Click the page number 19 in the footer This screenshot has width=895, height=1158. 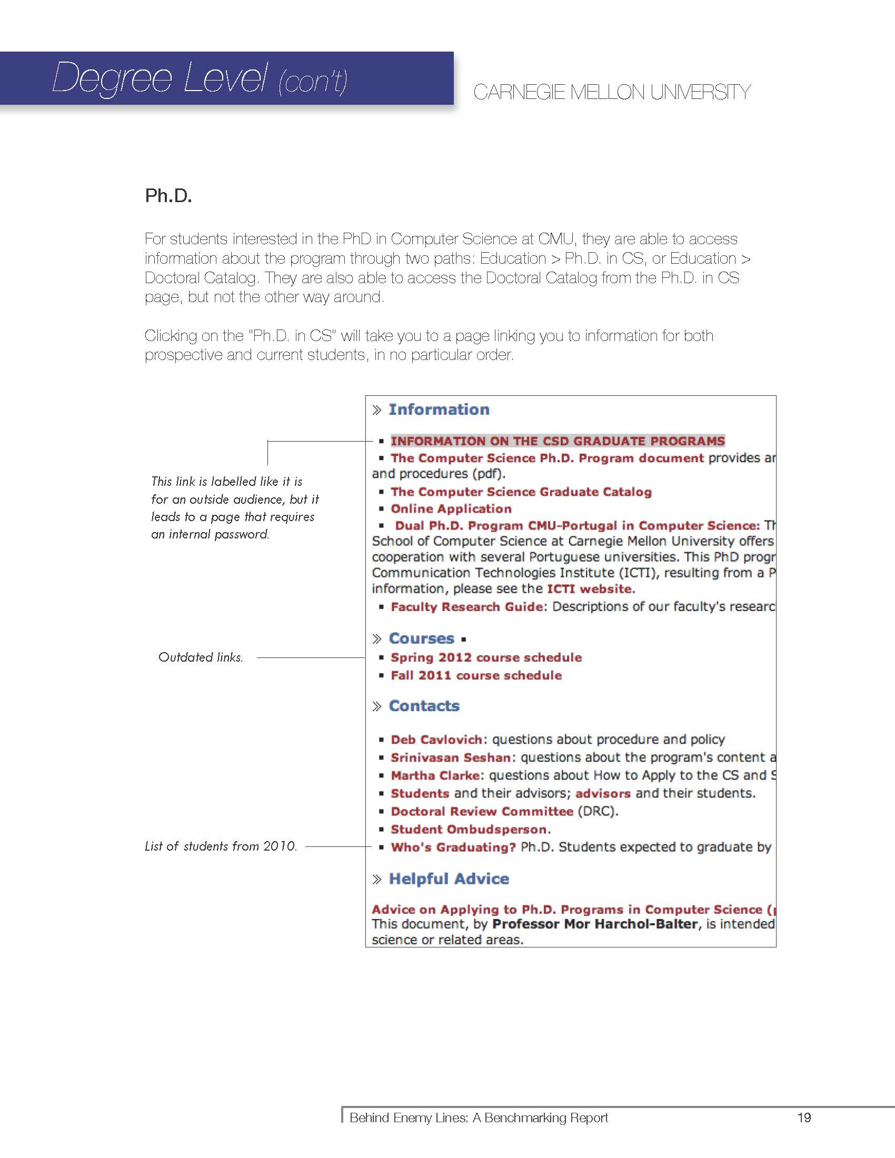[804, 1117]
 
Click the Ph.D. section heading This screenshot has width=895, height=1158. [168, 196]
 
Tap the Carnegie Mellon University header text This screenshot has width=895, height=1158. [611, 92]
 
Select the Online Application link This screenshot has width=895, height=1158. [451, 509]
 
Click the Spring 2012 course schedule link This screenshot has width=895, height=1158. [486, 657]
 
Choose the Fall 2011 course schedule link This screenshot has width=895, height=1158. [475, 675]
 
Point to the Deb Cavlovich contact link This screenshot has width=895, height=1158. [436, 740]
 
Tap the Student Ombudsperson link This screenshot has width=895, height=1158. [470, 829]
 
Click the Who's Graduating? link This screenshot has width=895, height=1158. [453, 847]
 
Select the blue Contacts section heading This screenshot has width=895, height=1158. [424, 706]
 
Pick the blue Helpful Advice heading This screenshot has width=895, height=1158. [449, 879]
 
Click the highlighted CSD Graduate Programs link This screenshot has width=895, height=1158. [557, 441]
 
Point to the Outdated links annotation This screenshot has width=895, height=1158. [201, 657]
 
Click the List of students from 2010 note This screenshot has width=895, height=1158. [221, 846]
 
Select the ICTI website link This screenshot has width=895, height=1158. [589, 589]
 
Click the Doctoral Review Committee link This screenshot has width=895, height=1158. [481, 811]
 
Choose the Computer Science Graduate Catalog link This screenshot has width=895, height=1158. [521, 492]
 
